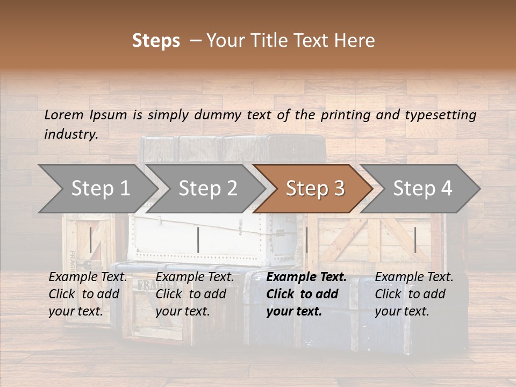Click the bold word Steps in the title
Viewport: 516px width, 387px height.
[156, 41]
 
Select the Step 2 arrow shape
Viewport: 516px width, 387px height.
[207, 188]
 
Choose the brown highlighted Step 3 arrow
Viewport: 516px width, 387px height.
[314, 188]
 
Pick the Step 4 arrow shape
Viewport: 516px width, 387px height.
[422, 188]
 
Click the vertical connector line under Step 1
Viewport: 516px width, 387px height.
[91, 240]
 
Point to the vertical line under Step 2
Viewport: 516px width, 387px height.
[198, 240]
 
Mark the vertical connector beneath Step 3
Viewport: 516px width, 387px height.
[306, 240]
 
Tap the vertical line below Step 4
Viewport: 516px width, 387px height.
[415, 240]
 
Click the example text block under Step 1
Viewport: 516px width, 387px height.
[88, 294]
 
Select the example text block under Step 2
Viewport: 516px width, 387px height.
[195, 294]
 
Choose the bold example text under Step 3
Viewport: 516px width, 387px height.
[306, 294]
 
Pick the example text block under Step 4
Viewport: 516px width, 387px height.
[414, 294]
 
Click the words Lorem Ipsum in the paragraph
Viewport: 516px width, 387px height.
[85, 115]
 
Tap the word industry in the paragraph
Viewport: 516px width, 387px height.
[71, 134]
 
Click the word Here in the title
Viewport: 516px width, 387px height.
[356, 41]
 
